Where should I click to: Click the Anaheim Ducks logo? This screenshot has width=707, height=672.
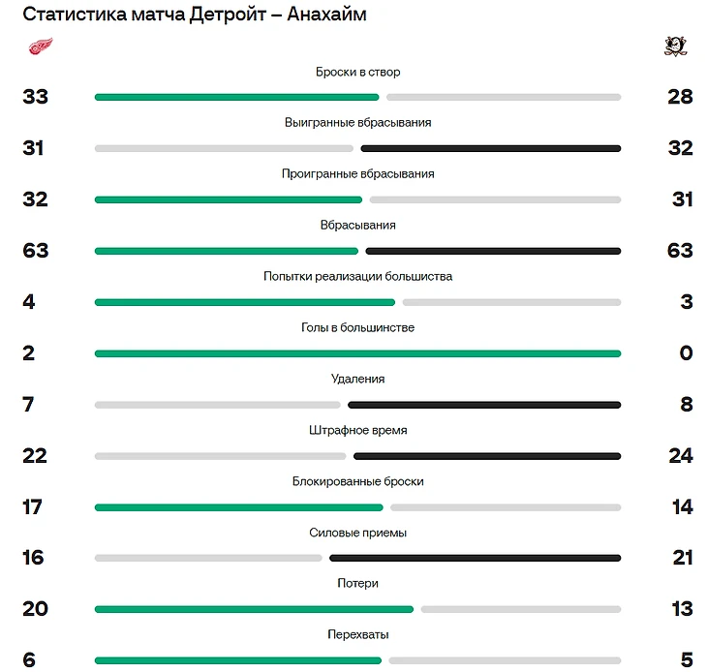click(x=676, y=46)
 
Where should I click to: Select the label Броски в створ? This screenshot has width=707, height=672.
click(x=357, y=73)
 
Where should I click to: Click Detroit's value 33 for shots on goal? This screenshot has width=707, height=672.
click(x=35, y=97)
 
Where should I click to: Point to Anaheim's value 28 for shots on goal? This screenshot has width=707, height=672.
click(x=680, y=97)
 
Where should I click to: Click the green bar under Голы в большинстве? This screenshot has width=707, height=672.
click(x=357, y=353)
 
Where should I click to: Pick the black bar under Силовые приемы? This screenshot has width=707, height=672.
click(x=475, y=558)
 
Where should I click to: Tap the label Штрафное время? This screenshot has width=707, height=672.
click(x=357, y=431)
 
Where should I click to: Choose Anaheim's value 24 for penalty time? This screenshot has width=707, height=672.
click(x=681, y=455)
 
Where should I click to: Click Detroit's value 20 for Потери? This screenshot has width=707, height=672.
click(x=35, y=608)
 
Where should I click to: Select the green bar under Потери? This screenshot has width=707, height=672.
click(x=254, y=609)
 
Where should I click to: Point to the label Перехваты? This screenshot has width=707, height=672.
click(x=357, y=635)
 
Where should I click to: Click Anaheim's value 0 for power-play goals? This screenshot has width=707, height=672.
click(x=686, y=352)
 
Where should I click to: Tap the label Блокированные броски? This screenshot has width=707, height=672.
click(x=357, y=482)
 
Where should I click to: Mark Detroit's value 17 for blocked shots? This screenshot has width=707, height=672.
click(x=33, y=506)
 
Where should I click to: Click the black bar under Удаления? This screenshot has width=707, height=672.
click(x=483, y=405)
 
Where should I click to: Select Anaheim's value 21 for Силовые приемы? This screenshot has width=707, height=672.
click(x=682, y=558)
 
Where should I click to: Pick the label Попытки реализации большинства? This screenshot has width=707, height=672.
click(x=357, y=277)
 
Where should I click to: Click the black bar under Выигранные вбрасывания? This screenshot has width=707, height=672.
click(x=490, y=148)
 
